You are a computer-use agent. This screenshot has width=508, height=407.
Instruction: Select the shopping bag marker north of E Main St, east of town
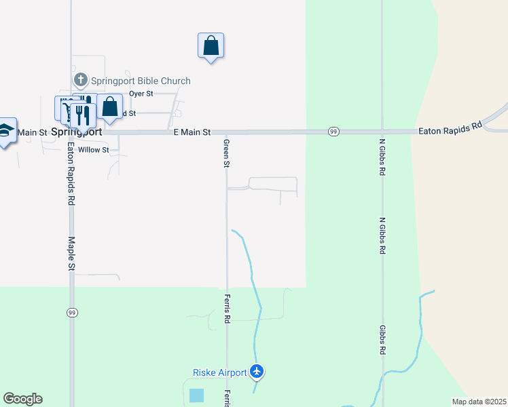(211, 46)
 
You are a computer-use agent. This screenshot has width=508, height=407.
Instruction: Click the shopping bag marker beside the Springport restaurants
(109, 107)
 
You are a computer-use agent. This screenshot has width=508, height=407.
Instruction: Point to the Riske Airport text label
(220, 372)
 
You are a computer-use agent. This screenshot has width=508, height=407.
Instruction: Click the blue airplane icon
(257, 371)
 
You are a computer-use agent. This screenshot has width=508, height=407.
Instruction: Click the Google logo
(22, 399)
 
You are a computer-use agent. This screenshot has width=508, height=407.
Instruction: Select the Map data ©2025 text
(479, 402)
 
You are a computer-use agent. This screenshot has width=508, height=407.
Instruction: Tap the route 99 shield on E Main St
(333, 132)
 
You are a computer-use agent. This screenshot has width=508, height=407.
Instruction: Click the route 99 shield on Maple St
(71, 312)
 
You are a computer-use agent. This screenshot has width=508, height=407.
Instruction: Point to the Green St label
(227, 154)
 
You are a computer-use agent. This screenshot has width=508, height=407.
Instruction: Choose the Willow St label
(94, 150)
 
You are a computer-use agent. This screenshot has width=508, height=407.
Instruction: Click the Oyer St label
(141, 94)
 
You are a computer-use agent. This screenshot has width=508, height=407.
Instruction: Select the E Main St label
(192, 132)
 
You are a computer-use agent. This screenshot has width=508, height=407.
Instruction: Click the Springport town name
(77, 133)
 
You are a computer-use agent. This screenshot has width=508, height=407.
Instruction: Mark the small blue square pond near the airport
(196, 395)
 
